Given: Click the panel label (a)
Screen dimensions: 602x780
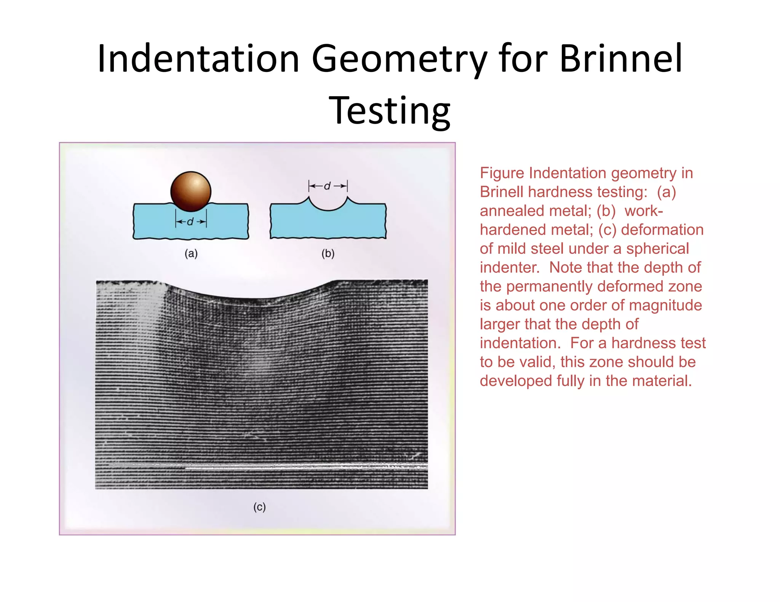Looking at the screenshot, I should (191, 253).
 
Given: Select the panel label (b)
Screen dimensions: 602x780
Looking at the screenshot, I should (328, 253).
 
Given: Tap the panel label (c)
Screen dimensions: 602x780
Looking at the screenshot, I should (259, 506).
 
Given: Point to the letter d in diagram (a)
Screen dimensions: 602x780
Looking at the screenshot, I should (190, 221).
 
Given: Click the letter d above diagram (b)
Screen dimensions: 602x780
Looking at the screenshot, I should (327, 186).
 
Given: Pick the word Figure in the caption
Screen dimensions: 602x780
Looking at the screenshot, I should (502, 173).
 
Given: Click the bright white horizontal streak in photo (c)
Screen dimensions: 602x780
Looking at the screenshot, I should (305, 466).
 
